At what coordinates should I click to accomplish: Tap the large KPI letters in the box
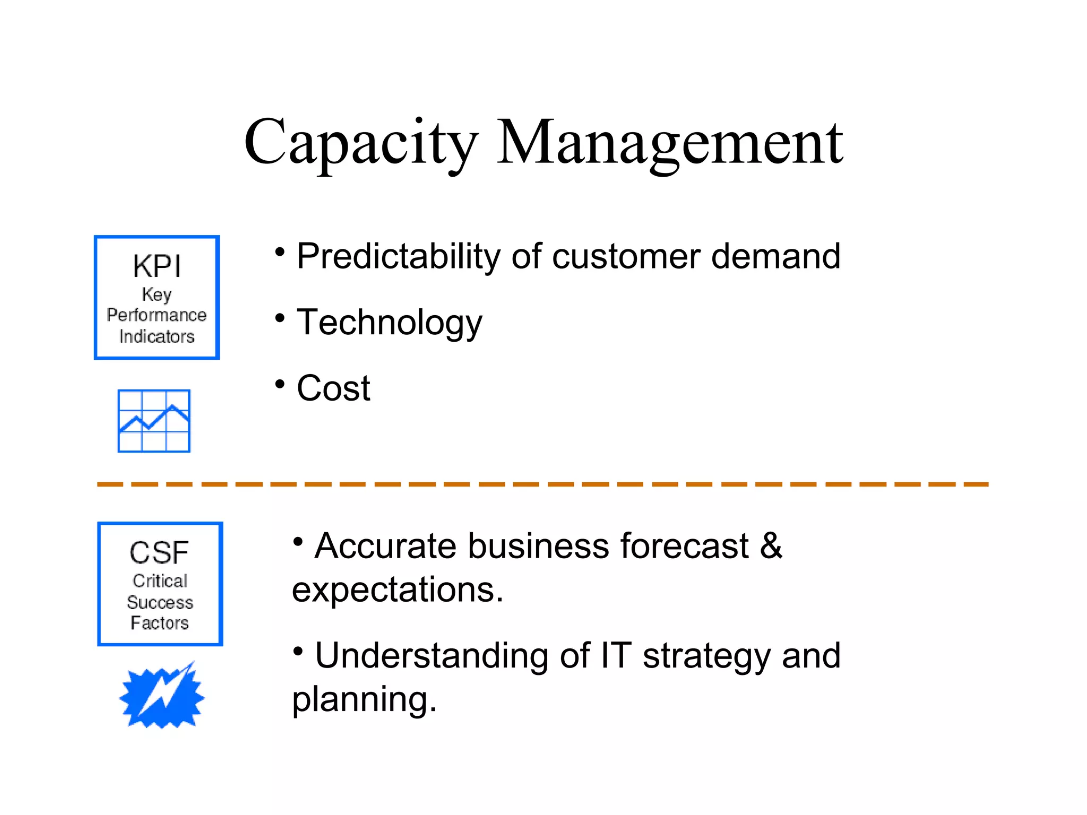(157, 266)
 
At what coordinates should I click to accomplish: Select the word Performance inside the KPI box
(157, 315)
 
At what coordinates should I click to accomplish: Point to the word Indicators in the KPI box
(157, 336)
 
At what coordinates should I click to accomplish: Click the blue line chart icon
(154, 421)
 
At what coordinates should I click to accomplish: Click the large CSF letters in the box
(159, 552)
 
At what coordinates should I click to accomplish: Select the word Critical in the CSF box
(160, 581)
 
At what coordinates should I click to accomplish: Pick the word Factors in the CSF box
(160, 623)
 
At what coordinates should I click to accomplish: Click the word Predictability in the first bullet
(398, 257)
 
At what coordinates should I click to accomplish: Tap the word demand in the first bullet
(775, 256)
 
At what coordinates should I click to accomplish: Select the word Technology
(389, 323)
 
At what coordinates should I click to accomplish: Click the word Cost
(333, 388)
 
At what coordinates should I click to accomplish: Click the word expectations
(397, 590)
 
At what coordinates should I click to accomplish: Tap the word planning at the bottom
(364, 699)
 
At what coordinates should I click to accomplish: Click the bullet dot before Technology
(280, 318)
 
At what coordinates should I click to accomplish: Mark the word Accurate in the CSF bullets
(385, 545)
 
